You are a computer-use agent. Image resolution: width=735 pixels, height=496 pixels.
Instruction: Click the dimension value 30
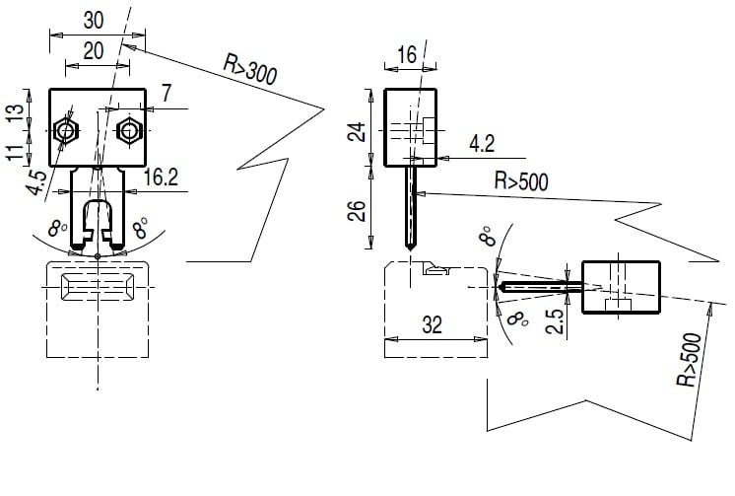point(94,19)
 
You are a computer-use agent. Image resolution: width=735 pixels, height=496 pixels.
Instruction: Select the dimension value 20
point(95,51)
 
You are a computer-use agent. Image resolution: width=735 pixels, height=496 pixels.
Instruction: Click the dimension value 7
point(166,95)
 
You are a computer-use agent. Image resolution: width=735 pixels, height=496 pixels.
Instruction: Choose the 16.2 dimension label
point(160,177)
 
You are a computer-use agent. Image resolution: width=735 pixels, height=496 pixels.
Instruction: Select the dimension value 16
point(407,55)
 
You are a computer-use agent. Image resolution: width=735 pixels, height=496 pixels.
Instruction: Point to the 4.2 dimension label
point(482,144)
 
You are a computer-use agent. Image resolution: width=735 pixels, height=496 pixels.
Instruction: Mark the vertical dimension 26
point(361,209)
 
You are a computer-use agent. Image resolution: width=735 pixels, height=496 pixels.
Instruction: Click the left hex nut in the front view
point(67,130)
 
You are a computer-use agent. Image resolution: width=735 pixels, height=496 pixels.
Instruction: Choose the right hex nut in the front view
point(127,130)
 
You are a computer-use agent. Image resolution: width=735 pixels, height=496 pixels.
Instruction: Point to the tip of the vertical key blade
point(407,246)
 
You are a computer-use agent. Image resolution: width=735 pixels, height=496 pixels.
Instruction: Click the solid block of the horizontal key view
point(621,287)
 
